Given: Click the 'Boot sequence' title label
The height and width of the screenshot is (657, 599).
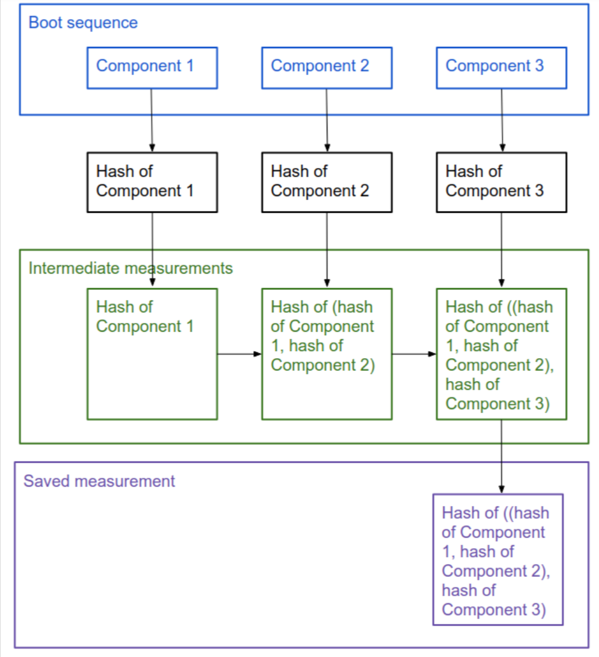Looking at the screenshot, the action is [x=83, y=23].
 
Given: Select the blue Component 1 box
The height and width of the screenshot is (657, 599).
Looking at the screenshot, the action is [x=152, y=68].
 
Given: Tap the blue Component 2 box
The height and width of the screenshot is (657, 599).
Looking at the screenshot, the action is [x=327, y=68].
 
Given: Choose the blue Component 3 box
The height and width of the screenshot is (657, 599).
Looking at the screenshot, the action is [x=502, y=68].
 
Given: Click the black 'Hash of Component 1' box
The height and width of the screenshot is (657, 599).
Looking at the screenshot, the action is [x=152, y=182].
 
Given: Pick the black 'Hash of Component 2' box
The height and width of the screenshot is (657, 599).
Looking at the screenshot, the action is [x=327, y=182].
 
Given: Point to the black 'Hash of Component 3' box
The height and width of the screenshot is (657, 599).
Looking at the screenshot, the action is [x=502, y=182].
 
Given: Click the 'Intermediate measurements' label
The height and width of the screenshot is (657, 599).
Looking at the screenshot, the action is [x=130, y=268].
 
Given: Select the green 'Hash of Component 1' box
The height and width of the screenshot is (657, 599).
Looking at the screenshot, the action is [x=152, y=354].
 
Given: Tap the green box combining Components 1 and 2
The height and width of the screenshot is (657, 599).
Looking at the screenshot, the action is [x=327, y=354].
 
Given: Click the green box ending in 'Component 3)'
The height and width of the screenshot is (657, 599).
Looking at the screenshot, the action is [x=502, y=354].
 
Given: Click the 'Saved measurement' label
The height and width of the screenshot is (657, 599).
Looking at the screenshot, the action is [x=99, y=481].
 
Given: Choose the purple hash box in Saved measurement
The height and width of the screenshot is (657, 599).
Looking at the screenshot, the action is [x=498, y=560].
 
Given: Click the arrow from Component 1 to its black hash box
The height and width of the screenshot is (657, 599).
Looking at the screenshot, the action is [x=152, y=120].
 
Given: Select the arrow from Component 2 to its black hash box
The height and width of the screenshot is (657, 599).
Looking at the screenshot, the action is [x=327, y=120].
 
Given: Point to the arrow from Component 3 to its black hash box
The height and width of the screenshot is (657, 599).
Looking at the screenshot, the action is [x=502, y=120].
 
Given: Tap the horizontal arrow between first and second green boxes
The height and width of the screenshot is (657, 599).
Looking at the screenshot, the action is [x=240, y=354].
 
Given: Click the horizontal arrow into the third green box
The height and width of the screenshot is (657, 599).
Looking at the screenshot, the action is [x=414, y=354].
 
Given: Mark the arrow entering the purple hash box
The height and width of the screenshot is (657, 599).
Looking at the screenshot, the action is [x=502, y=457].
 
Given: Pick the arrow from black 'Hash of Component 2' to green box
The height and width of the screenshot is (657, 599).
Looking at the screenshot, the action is [x=327, y=250].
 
